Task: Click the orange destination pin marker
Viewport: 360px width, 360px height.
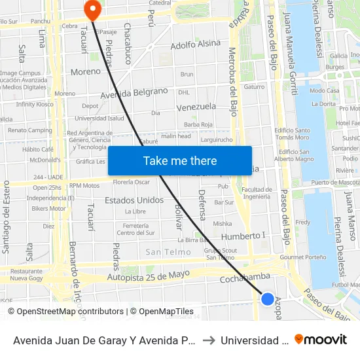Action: [x=92, y=10]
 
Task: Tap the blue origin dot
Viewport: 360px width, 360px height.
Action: [x=268, y=299]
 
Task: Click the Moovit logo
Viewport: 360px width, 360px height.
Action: [x=321, y=340]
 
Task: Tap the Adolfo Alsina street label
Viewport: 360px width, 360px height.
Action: [x=196, y=45]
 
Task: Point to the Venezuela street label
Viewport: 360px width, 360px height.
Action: [x=196, y=106]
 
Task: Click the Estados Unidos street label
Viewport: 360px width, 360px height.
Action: [x=134, y=200]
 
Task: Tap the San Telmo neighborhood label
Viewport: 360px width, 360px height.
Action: [x=168, y=252]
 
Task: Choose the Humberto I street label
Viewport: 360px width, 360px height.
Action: [x=243, y=236]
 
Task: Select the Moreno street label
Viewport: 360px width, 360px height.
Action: [x=86, y=71]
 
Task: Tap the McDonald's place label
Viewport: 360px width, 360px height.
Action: [x=45, y=160]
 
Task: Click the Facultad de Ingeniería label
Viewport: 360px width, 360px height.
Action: [x=256, y=193]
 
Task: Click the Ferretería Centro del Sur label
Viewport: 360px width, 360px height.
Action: [x=136, y=229]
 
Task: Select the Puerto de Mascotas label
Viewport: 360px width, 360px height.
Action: [x=335, y=182]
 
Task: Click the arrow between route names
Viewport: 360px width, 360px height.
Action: [x=207, y=340]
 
